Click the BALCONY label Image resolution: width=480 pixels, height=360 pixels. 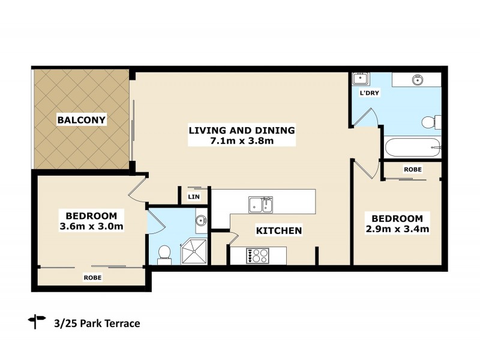82,120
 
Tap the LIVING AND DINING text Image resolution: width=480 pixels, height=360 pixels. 241,130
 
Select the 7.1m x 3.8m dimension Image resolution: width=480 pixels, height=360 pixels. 241,142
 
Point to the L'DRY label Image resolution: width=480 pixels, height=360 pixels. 367,94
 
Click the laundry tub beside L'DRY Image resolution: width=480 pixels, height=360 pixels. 361,79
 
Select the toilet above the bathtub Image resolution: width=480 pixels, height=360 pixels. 430,122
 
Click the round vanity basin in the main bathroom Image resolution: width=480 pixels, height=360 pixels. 416,79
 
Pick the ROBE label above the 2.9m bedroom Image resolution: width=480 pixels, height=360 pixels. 413,170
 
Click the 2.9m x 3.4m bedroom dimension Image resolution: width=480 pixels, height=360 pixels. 397,229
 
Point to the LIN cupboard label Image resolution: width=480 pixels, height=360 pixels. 194,197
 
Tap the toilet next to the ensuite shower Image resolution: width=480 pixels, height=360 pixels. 164,254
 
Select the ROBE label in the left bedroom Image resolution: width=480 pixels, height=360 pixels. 92,278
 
